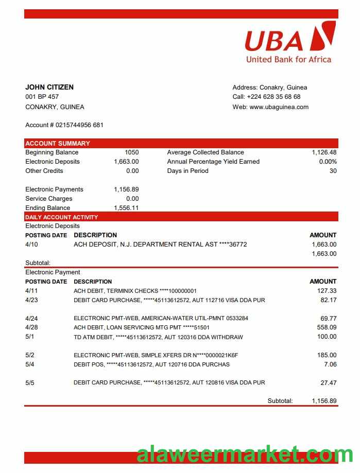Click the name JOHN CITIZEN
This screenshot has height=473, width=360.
pyautogui.click(x=49, y=87)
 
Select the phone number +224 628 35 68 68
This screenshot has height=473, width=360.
pyautogui.click(x=273, y=97)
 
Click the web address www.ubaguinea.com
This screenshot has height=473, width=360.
pyautogui.click(x=279, y=107)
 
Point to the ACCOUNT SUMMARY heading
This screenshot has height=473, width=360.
pyautogui.click(x=58, y=143)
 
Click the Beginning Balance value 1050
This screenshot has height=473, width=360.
pyautogui.click(x=131, y=152)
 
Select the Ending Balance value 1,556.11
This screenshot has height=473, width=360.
pyautogui.click(x=126, y=208)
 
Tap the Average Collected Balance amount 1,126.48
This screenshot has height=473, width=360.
pyautogui.click(x=324, y=152)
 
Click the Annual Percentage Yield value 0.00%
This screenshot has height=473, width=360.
pyautogui.click(x=328, y=162)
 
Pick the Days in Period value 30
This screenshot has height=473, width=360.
pyautogui.click(x=333, y=171)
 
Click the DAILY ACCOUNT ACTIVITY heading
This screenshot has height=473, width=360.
pyautogui.click(x=61, y=217)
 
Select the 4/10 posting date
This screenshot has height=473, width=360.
pyautogui.click(x=31, y=244)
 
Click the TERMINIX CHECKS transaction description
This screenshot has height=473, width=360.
pyautogui.click(x=135, y=291)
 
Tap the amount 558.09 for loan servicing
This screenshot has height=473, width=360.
pyautogui.click(x=327, y=327)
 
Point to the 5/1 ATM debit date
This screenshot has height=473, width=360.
pyautogui.click(x=30, y=337)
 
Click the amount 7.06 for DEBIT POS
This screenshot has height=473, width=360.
pyautogui.click(x=330, y=364)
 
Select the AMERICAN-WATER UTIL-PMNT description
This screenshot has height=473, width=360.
pyautogui.click(x=161, y=319)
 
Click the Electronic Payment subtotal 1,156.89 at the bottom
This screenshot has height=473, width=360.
pyautogui.click(x=324, y=400)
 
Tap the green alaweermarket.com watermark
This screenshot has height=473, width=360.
pyautogui.click(x=245, y=455)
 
